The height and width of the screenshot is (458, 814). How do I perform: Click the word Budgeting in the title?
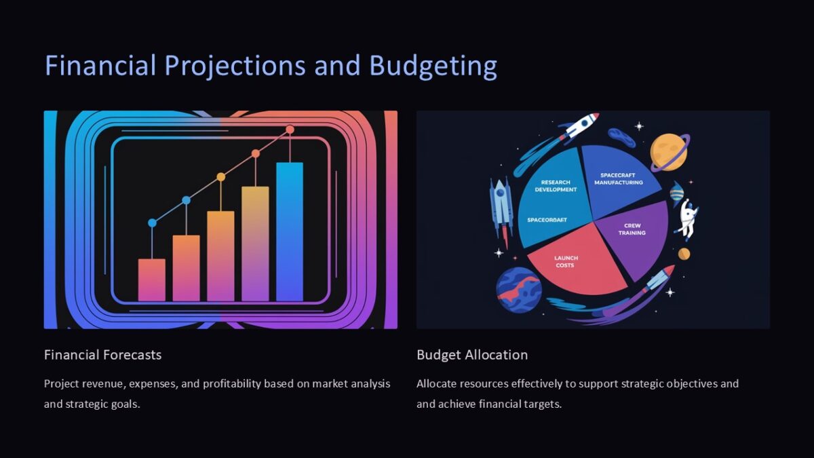(x=433, y=66)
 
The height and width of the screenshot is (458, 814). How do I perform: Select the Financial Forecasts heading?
(x=102, y=355)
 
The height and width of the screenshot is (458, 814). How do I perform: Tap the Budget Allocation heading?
(x=471, y=355)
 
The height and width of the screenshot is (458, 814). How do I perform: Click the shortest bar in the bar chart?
(x=151, y=280)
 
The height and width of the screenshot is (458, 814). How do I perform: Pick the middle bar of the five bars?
(x=220, y=256)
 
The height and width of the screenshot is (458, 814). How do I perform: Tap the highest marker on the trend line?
(x=290, y=129)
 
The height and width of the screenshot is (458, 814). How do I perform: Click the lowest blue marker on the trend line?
(x=152, y=223)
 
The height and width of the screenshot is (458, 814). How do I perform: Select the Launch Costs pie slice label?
(x=565, y=261)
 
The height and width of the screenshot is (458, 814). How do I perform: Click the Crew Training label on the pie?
(x=632, y=229)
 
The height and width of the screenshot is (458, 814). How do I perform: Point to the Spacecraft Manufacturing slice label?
(x=618, y=178)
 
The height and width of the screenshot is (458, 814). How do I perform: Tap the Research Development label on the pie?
(x=556, y=186)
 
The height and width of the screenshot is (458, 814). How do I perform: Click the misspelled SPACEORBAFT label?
(x=547, y=220)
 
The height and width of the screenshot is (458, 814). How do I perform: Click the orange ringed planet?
(x=669, y=152)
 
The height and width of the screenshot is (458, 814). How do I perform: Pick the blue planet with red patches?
(x=518, y=290)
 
